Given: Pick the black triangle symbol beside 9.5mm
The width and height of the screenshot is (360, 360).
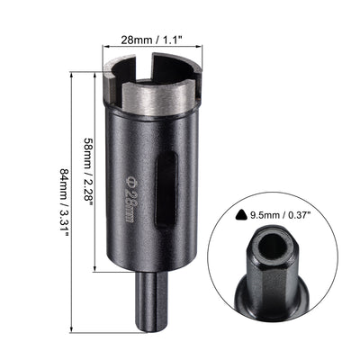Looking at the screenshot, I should coord(238,215).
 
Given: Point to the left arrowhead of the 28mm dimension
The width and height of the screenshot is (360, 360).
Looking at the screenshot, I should coord(106,50).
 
